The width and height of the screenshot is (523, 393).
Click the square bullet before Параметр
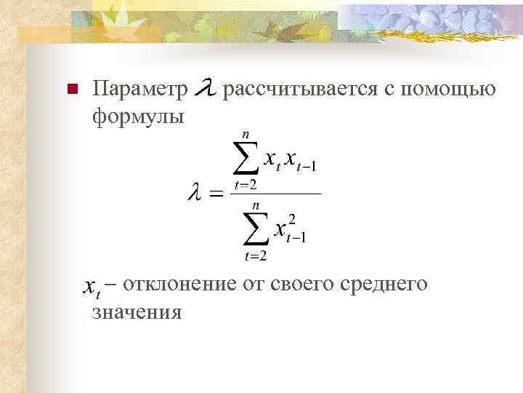coord(70,90)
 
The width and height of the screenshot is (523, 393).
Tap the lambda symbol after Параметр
coord(206,89)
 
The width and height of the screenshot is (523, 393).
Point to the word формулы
coord(138,115)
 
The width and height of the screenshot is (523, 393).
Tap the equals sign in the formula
coord(216,194)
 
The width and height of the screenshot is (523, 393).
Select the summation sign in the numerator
coord(246,157)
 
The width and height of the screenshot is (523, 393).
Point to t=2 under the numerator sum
coord(246,184)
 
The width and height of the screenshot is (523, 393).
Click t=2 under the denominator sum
coord(256,255)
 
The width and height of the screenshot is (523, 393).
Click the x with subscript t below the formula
coord(91,288)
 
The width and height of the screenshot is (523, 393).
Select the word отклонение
coord(180,284)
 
